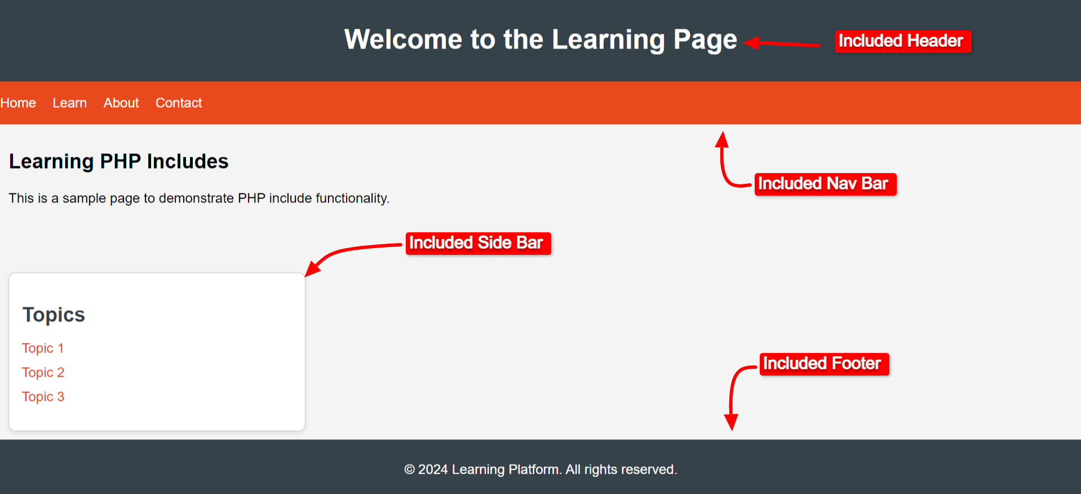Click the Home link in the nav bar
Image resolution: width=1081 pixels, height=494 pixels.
click(18, 103)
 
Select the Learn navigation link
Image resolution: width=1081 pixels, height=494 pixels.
click(69, 103)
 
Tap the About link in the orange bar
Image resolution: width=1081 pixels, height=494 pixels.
click(121, 103)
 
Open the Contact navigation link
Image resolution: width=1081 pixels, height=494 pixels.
click(178, 103)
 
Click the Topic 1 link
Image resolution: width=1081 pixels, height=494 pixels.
click(43, 348)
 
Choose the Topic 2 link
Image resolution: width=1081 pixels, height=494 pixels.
click(43, 372)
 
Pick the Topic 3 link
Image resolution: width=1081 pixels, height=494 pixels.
click(43, 396)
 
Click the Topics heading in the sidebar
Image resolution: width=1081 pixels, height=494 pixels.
click(54, 315)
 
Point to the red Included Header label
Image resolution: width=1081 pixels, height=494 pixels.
click(903, 41)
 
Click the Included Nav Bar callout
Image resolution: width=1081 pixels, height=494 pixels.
click(825, 184)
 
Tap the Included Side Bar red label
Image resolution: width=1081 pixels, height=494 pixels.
click(478, 243)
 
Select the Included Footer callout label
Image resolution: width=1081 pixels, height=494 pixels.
click(824, 364)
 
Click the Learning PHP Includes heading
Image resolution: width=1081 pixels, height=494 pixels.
click(118, 161)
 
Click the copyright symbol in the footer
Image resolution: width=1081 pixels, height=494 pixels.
click(409, 469)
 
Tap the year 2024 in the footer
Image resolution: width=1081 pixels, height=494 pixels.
click(433, 469)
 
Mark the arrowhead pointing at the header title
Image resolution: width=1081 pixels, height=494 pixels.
click(751, 42)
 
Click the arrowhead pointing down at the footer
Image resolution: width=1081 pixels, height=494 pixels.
click(731, 422)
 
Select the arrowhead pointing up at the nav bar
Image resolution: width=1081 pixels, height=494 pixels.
click(722, 139)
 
